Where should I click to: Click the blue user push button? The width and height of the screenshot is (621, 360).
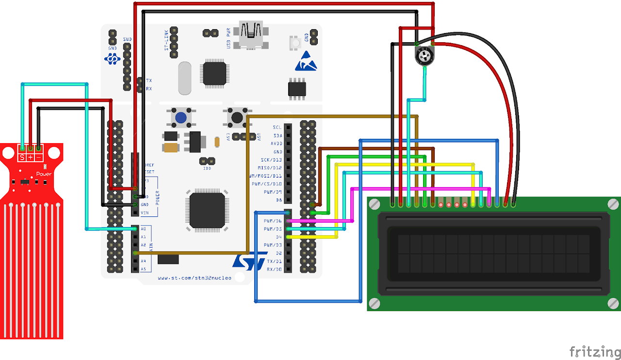(x=181, y=117)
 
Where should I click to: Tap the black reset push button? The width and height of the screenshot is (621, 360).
(x=237, y=117)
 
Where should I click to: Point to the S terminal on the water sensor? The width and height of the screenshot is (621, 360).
(x=22, y=157)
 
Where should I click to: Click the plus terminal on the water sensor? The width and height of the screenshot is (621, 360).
(x=30, y=157)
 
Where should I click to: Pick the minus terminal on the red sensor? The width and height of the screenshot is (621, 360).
(x=38, y=157)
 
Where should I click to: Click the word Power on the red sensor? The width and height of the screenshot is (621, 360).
(x=44, y=174)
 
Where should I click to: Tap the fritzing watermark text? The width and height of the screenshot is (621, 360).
(x=594, y=351)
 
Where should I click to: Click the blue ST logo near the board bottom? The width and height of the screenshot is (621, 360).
(x=249, y=262)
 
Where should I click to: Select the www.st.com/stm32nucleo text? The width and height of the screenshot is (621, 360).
(x=195, y=278)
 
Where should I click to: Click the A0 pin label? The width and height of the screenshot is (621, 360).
(x=143, y=229)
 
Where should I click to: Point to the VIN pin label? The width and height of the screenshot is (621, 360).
(x=144, y=213)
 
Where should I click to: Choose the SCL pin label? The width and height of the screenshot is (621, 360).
(x=277, y=127)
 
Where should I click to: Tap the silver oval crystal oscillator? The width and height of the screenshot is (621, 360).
(x=185, y=78)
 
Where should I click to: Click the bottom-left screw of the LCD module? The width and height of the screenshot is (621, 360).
(x=374, y=303)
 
